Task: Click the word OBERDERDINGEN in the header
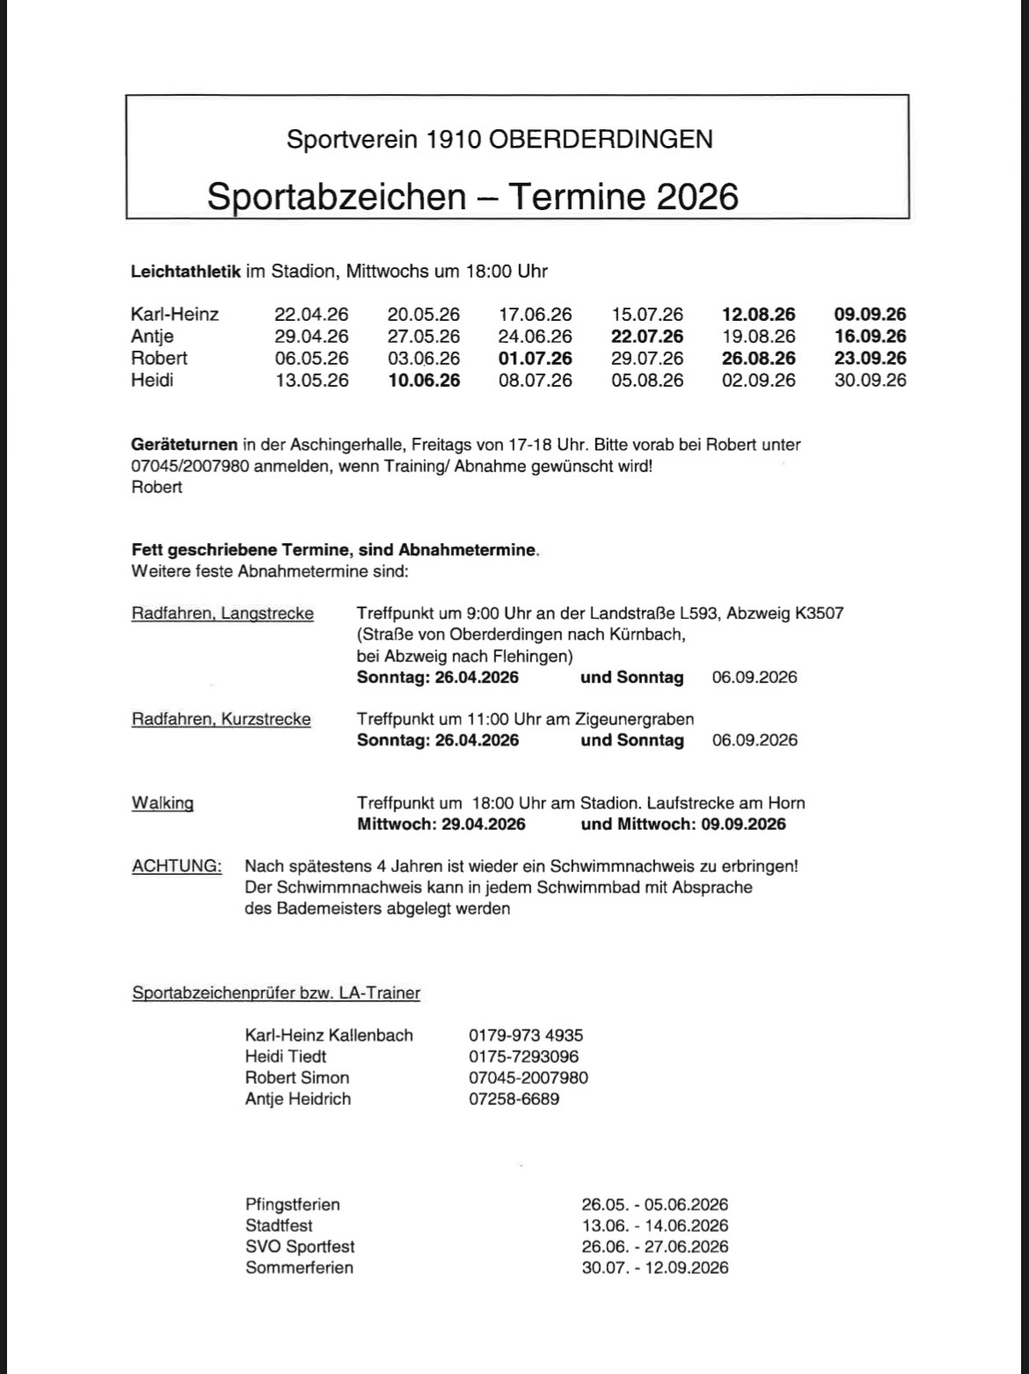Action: pyautogui.click(x=599, y=139)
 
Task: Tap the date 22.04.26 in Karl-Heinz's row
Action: pyautogui.click(x=311, y=314)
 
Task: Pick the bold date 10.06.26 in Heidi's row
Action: pyautogui.click(x=423, y=380)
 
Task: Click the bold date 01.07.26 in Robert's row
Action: pyautogui.click(x=535, y=358)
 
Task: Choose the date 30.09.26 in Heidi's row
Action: pyautogui.click(x=870, y=380)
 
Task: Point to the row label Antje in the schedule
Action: pyautogui.click(x=152, y=336)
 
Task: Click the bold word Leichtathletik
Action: pyautogui.click(x=186, y=271)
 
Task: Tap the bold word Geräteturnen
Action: pyautogui.click(x=184, y=445)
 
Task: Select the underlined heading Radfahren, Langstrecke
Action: pyautogui.click(x=223, y=613)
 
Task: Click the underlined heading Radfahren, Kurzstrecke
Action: pyautogui.click(x=221, y=719)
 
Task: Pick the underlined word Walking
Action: pyautogui.click(x=163, y=803)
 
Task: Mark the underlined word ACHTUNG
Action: pyautogui.click(x=177, y=866)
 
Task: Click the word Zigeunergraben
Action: pyautogui.click(x=636, y=719)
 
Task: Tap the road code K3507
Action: pyautogui.click(x=818, y=613)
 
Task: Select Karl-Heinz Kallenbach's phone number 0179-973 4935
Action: pyautogui.click(x=526, y=1036)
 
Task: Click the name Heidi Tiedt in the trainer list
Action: pyautogui.click(x=286, y=1057)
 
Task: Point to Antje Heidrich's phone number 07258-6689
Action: pyautogui.click(x=514, y=1099)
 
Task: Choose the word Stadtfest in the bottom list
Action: pyautogui.click(x=279, y=1225)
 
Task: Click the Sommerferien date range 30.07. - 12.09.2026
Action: pyautogui.click(x=654, y=1268)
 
